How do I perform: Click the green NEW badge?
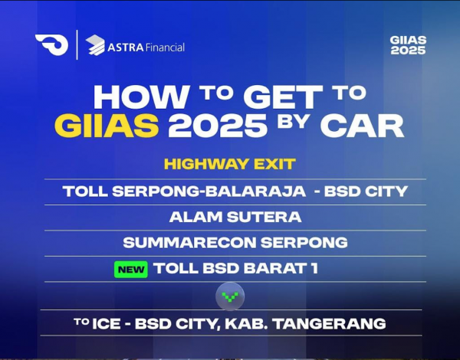131,270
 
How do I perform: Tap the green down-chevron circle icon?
230,296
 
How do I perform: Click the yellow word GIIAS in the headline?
107,126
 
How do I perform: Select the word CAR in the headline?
362,126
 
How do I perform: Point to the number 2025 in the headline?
218,126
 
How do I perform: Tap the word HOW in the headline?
141,97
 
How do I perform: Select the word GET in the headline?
283,97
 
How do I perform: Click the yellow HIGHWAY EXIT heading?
230,164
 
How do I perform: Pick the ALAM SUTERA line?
235,218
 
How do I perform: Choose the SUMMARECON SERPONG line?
235,243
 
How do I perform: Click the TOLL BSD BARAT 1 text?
235,268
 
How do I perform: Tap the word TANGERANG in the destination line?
329,324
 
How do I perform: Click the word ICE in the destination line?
107,324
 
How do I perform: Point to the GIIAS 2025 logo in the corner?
408,45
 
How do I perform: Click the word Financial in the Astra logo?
165,47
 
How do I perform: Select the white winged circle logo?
52,44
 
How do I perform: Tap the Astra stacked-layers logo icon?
95,45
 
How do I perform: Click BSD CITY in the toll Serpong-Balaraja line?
366,191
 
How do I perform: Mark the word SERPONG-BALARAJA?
209,191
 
